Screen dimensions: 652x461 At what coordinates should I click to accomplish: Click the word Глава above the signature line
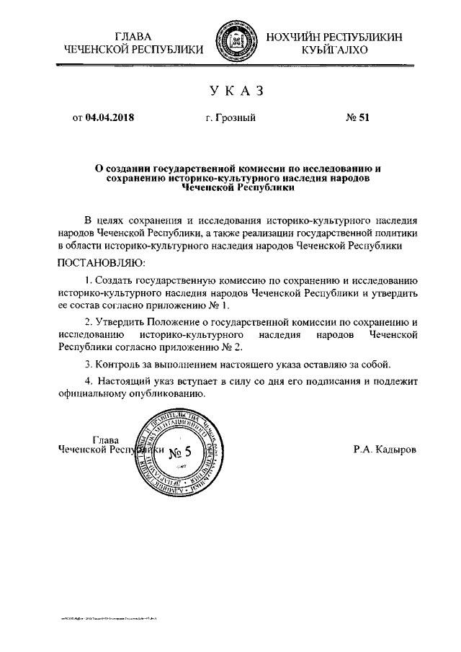pyautogui.click(x=106, y=439)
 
